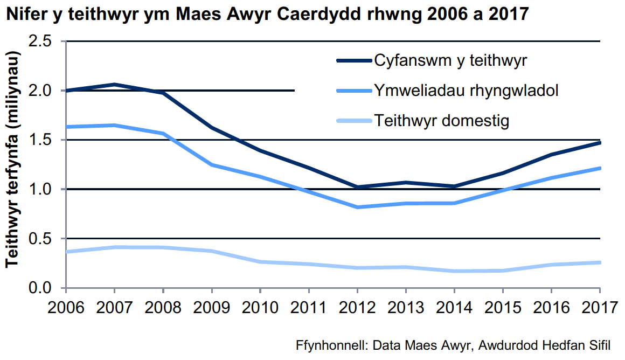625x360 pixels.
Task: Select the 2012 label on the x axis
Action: pyautogui.click(x=357, y=308)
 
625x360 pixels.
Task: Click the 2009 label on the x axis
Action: pyautogui.click(x=211, y=308)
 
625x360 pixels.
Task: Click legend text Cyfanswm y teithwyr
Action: pyautogui.click(x=450, y=61)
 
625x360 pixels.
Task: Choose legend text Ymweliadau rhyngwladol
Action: pyautogui.click(x=466, y=91)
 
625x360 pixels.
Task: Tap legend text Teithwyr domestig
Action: pyautogui.click(x=441, y=120)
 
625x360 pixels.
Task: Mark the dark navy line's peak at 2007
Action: pyautogui.click(x=114, y=85)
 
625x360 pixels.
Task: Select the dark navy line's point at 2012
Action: pyautogui.click(x=357, y=187)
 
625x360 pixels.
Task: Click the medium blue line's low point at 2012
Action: pyautogui.click(x=357, y=207)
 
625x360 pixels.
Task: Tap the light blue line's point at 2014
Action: pyautogui.click(x=454, y=271)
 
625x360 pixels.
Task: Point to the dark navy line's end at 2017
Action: pyautogui.click(x=599, y=143)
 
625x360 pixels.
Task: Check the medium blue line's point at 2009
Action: pyautogui.click(x=211, y=164)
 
